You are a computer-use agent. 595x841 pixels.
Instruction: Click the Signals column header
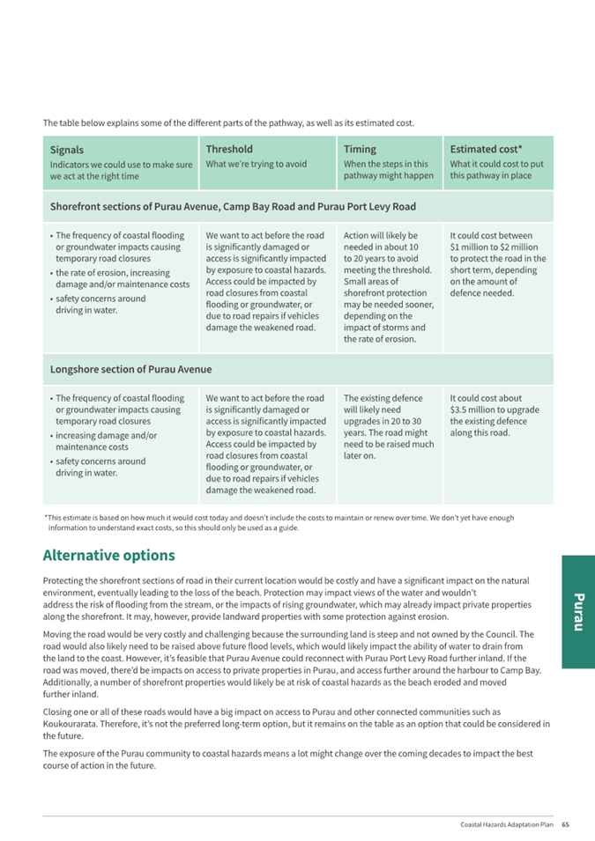[x=67, y=150]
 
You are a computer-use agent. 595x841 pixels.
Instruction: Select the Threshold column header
[x=229, y=149]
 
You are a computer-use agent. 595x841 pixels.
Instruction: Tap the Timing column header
[x=360, y=149]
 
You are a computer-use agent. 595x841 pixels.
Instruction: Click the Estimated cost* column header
[x=486, y=149]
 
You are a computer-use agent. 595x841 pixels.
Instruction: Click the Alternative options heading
[x=108, y=556]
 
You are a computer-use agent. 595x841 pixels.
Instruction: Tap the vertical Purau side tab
[x=577, y=612]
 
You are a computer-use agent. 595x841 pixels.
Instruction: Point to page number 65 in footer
[x=566, y=825]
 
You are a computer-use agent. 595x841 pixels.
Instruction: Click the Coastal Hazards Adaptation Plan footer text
[x=507, y=825]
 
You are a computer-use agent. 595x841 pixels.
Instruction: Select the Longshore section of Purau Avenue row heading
[x=130, y=369]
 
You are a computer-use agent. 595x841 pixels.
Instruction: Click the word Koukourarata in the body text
[x=73, y=724]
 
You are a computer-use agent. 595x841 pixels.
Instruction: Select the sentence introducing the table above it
[x=228, y=122]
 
